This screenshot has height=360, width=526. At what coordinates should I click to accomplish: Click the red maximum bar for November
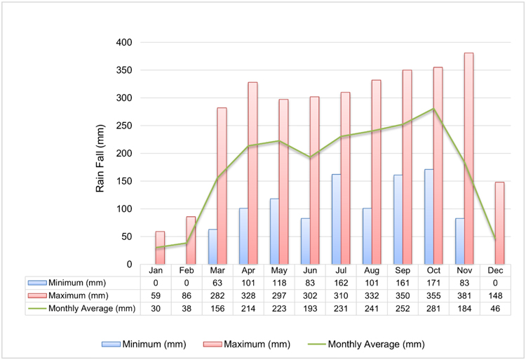[x=468, y=159]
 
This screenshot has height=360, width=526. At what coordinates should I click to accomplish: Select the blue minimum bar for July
[x=336, y=219]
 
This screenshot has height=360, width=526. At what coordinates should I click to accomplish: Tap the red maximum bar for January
[x=160, y=248]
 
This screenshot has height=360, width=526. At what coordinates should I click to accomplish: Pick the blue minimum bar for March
[x=213, y=246]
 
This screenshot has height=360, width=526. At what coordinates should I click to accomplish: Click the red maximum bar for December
[x=499, y=223]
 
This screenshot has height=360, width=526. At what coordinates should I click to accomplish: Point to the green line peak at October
[x=433, y=108]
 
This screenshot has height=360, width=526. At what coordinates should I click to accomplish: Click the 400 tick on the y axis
[x=124, y=42]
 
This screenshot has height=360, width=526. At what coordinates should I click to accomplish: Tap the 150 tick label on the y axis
[x=124, y=181]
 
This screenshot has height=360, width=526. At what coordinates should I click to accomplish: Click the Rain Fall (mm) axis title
[x=100, y=159]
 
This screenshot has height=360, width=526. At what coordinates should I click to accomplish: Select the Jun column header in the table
[x=310, y=270]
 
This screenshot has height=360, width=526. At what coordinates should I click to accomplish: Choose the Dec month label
[x=495, y=270]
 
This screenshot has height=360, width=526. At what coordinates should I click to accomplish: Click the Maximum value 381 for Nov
[x=464, y=295]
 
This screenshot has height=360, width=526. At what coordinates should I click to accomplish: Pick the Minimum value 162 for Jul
[x=341, y=283]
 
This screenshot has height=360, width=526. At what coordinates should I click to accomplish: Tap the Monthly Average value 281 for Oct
[x=433, y=308]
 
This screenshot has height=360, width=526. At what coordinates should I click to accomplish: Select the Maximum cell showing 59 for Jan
[x=156, y=295]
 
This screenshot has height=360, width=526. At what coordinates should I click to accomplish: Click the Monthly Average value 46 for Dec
[x=495, y=308]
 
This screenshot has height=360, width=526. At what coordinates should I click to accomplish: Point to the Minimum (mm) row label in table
[x=77, y=283]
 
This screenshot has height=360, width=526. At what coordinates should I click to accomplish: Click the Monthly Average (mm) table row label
[x=92, y=308]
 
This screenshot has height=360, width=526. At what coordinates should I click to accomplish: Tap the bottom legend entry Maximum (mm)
[x=257, y=345]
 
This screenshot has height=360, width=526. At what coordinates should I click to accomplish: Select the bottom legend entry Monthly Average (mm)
[x=377, y=345]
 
